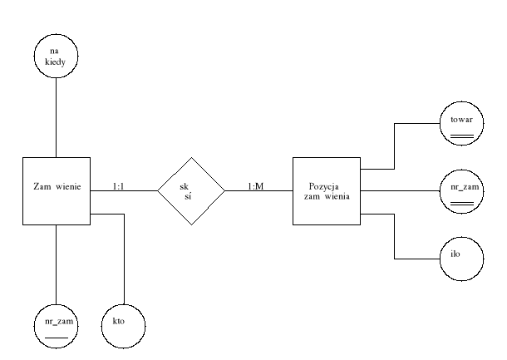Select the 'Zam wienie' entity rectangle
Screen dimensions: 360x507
(56, 190)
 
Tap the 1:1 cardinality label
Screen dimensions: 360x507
(121, 186)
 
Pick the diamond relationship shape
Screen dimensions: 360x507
(191, 190)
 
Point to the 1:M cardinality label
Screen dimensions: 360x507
(255, 186)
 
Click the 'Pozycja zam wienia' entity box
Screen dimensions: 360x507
(326, 190)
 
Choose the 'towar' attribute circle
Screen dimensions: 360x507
(462, 124)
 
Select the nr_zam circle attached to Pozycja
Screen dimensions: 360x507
(462, 191)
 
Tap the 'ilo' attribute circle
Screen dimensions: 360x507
(462, 257)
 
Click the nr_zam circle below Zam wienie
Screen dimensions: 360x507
(57, 324)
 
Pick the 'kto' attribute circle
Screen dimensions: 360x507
(122, 324)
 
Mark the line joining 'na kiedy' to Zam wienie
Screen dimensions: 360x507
(57, 116)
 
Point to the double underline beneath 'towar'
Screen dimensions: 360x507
(462, 134)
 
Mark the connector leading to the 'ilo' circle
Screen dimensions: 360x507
(394, 241)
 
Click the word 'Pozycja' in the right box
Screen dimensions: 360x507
(326, 185)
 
